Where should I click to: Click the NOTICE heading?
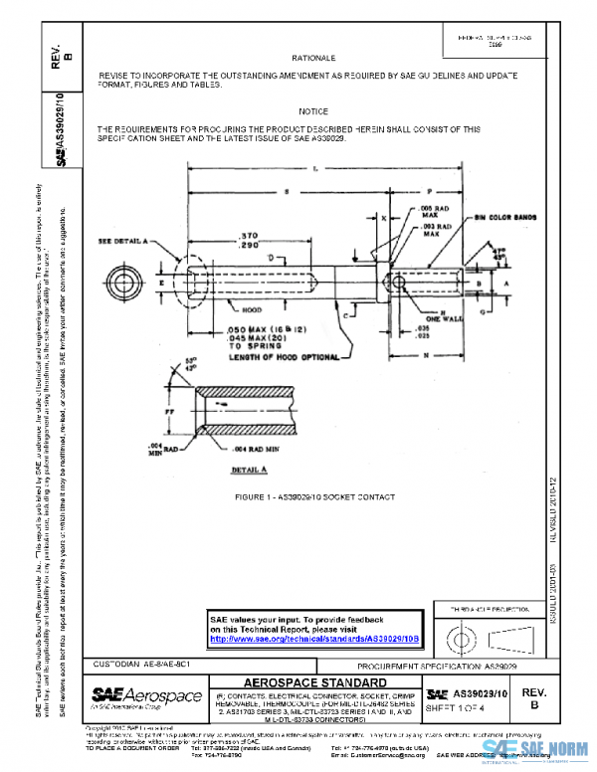(x=312, y=111)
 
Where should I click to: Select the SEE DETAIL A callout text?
(x=122, y=241)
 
